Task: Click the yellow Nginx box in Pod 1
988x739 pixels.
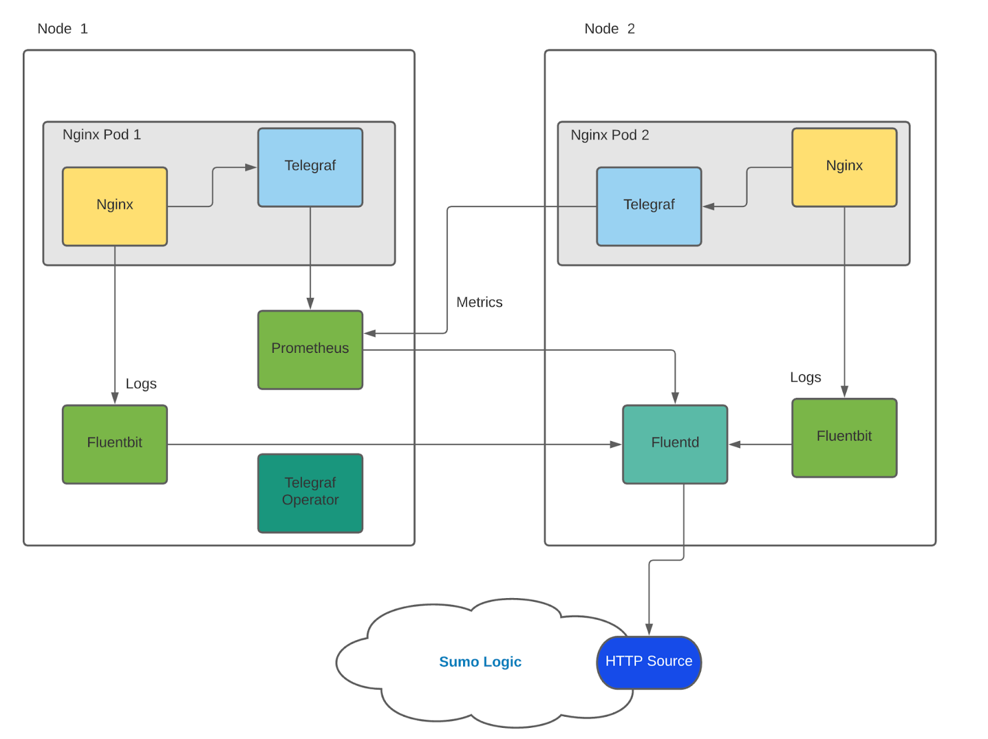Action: click(114, 206)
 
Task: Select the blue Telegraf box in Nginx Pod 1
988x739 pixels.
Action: click(310, 167)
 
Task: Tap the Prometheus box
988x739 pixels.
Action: click(310, 350)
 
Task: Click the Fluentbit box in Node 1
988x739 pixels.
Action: click(114, 444)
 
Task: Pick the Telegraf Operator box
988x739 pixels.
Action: click(310, 492)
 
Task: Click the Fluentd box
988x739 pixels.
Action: click(675, 444)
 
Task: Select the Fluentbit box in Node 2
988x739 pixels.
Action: click(844, 437)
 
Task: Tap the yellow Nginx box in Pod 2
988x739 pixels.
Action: click(844, 167)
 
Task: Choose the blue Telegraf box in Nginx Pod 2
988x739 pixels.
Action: click(648, 206)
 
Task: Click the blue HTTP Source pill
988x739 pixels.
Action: click(648, 662)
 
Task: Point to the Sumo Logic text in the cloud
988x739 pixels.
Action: click(480, 662)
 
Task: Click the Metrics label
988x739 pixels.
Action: click(479, 302)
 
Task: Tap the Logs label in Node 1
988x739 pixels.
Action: click(141, 384)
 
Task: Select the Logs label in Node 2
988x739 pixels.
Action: click(805, 378)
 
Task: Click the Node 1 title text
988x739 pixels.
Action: click(62, 28)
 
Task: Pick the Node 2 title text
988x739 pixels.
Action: click(609, 28)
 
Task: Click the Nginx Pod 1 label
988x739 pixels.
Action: click(102, 135)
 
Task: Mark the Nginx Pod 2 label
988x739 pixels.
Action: click(609, 135)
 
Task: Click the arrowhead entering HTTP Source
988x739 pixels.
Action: click(648, 630)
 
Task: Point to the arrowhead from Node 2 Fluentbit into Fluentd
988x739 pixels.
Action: click(735, 444)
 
